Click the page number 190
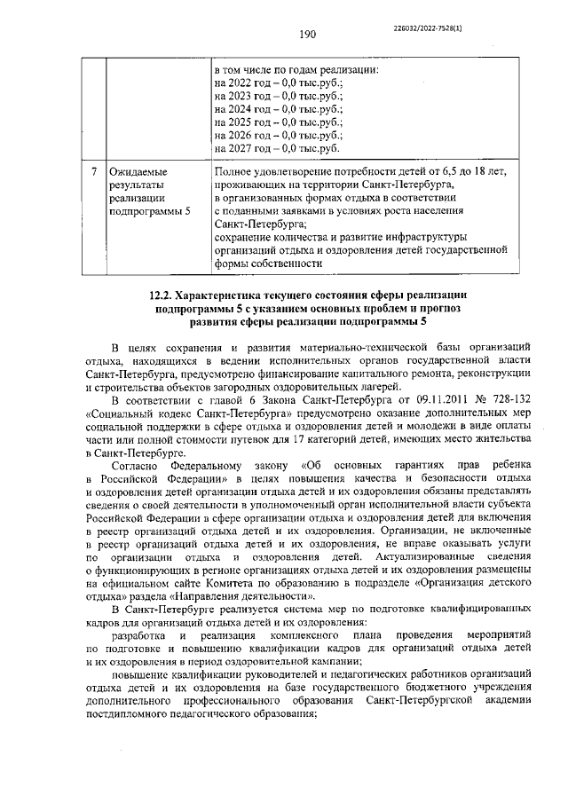308,35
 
